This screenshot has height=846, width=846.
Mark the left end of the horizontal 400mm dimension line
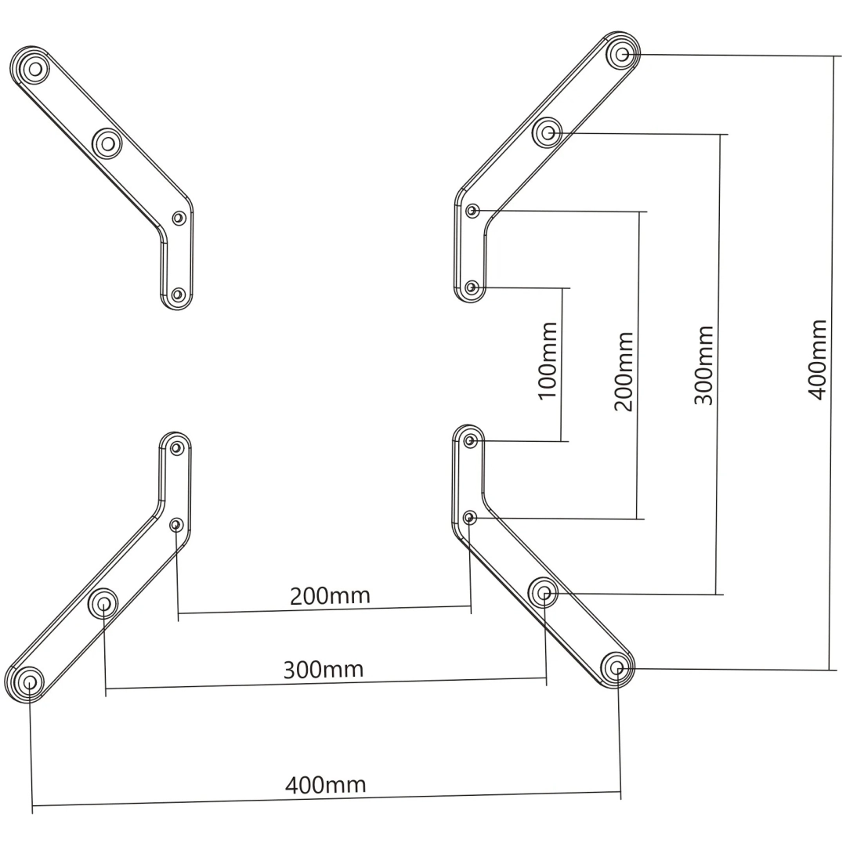click(32, 806)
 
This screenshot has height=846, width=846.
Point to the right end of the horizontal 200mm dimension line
click(471, 606)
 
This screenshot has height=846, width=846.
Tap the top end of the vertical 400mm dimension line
click(833, 56)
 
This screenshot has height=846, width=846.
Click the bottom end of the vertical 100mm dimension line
click(561, 441)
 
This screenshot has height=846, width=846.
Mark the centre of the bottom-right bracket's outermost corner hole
click(618, 669)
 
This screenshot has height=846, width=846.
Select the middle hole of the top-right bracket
click(548, 132)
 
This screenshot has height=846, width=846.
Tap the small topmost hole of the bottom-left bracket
click(177, 448)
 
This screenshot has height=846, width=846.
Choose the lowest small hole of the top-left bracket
click(178, 295)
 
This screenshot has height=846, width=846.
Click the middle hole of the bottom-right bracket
click(544, 593)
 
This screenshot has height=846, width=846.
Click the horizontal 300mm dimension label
click(324, 670)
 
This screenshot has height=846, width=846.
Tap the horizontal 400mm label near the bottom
click(325, 785)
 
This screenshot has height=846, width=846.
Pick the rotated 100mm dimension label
click(548, 360)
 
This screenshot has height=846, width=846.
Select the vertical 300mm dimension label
click(703, 365)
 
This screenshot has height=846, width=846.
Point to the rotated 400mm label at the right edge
click(817, 360)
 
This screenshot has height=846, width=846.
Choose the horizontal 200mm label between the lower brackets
click(331, 596)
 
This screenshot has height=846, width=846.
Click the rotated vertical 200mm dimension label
click(624, 372)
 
